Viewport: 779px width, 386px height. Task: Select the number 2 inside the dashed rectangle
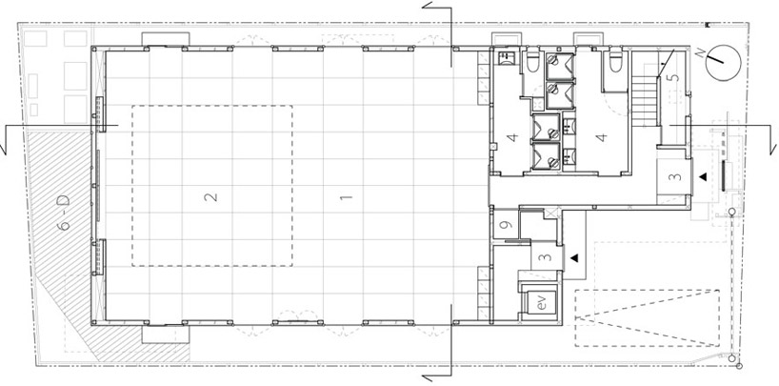(211, 198)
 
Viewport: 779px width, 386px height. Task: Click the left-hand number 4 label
(512, 139)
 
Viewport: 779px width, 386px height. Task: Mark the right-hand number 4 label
(601, 139)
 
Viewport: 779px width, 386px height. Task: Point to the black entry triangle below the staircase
(702, 176)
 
